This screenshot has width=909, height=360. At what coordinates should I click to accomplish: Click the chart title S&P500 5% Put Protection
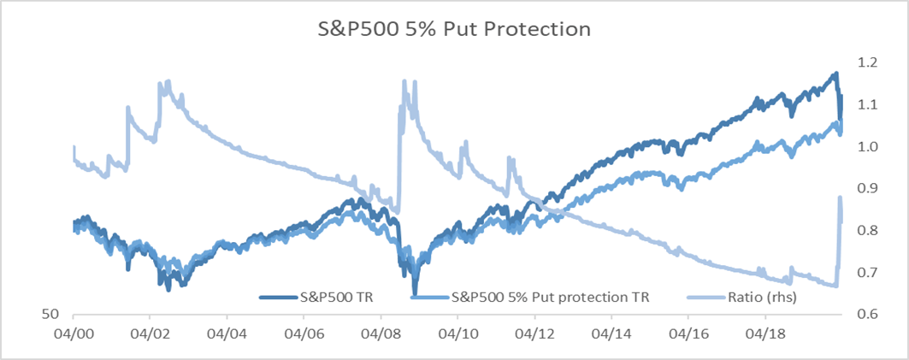coord(450,29)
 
